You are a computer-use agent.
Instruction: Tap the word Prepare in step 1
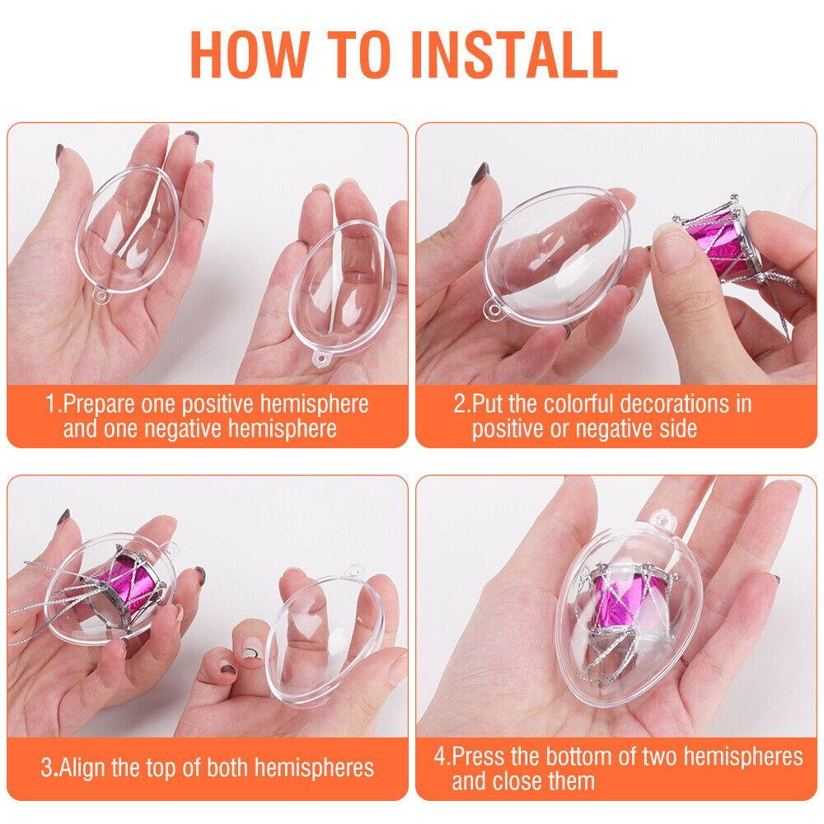coord(100,405)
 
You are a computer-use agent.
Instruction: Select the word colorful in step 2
coord(578,404)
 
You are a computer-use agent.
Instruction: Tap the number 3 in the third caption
coord(47,768)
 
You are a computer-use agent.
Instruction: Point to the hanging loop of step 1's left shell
coord(101,297)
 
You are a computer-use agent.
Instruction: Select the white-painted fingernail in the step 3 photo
coord(250,653)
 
